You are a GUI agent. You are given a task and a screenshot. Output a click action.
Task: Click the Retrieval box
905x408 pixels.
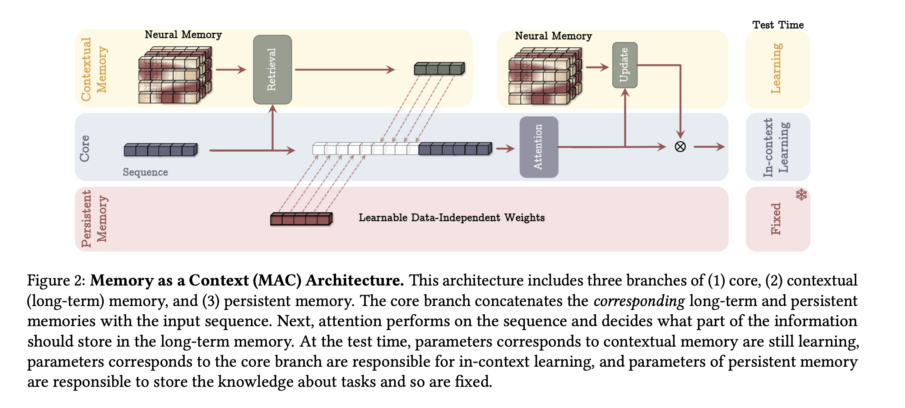[x=272, y=70]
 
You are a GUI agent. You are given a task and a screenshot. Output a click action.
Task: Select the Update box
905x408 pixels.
[x=625, y=65]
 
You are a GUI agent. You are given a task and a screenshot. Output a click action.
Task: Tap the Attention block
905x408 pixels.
[x=538, y=147]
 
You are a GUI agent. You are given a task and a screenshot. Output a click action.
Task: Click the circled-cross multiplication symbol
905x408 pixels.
[x=680, y=147]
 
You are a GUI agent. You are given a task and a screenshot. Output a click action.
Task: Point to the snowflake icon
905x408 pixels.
[x=801, y=194]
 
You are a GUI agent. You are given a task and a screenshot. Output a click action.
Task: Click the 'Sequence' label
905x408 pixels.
[x=145, y=172]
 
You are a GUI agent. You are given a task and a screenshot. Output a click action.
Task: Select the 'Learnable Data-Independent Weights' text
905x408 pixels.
[x=451, y=218]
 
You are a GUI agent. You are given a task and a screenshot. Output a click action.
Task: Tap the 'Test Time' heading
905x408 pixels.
[x=778, y=25]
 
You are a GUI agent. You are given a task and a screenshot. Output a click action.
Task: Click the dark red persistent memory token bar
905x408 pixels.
[x=301, y=219]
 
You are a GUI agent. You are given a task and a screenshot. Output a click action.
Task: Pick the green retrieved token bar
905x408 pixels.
[x=439, y=68]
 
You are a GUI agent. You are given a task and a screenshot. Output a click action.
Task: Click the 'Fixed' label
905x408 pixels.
[x=776, y=219]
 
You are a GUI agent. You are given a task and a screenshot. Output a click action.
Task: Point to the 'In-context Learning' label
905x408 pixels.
[x=776, y=147]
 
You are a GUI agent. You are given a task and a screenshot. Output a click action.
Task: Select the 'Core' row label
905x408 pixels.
[x=85, y=148]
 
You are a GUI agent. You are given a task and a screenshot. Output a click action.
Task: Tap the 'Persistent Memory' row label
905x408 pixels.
[x=93, y=218]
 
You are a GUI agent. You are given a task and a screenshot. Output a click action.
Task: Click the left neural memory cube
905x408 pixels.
[x=175, y=75]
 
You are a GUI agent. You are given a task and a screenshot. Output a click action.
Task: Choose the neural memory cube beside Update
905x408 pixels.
[x=544, y=76]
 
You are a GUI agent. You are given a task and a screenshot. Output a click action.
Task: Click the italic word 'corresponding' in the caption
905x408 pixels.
[x=639, y=301]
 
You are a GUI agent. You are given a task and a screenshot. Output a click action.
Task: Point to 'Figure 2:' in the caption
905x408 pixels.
[x=56, y=280]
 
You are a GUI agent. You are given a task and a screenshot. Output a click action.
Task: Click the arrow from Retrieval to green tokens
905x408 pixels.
[x=345, y=70]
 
